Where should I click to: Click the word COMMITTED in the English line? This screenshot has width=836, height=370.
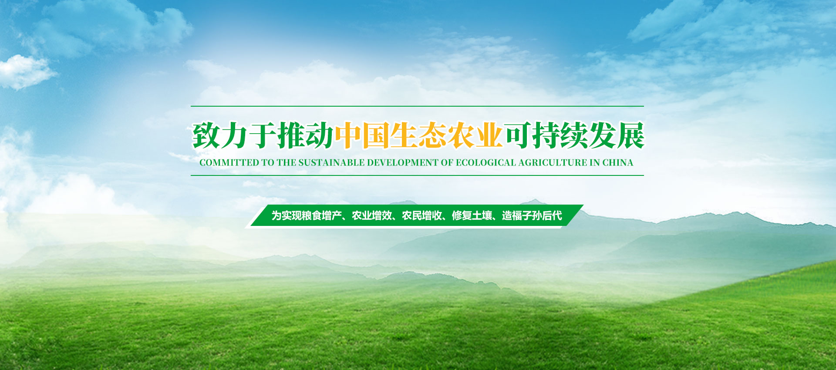pyautogui.click(x=229, y=163)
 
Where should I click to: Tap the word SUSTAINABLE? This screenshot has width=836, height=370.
pyautogui.click(x=331, y=163)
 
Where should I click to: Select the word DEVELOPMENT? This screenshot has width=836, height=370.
pyautogui.click(x=403, y=163)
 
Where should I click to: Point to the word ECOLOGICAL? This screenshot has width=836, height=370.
pyautogui.click(x=486, y=163)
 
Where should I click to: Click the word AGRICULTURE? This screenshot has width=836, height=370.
pyautogui.click(x=553, y=163)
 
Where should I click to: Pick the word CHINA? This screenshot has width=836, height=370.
pyautogui.click(x=618, y=163)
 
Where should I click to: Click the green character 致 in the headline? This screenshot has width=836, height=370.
pyautogui.click(x=206, y=135)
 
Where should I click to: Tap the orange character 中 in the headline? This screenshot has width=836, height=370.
pyautogui.click(x=348, y=135)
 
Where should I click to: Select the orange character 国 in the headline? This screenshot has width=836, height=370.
pyautogui.click(x=376, y=135)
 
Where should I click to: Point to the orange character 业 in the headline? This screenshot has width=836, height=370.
pyautogui.click(x=489, y=135)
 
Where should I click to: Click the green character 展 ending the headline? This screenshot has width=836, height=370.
pyautogui.click(x=630, y=135)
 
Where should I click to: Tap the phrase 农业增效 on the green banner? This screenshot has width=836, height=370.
pyautogui.click(x=372, y=215)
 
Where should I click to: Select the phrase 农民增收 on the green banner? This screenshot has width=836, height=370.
pyautogui.click(x=422, y=215)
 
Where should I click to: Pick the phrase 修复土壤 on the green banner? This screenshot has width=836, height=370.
pyautogui.click(x=472, y=215)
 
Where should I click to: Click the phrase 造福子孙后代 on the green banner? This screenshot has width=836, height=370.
pyautogui.click(x=532, y=215)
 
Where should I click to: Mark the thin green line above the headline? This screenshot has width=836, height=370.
pyautogui.click(x=417, y=106)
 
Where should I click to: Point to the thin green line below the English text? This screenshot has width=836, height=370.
pyautogui.click(x=417, y=175)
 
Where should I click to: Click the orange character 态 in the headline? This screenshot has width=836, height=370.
pyautogui.click(x=432, y=135)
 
